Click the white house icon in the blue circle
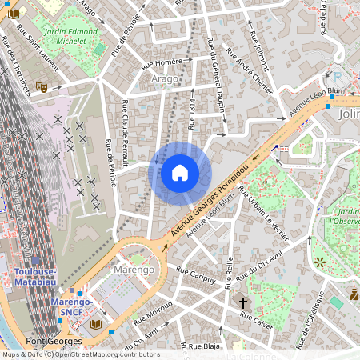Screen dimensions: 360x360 (x=180, y=173)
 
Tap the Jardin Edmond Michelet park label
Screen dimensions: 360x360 (x=71, y=34)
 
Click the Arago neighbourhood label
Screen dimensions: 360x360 (x=165, y=79)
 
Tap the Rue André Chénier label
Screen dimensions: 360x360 (x=249, y=73)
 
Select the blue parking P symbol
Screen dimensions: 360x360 (x=326, y=76)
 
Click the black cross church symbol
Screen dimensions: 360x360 (x=244, y=302)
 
